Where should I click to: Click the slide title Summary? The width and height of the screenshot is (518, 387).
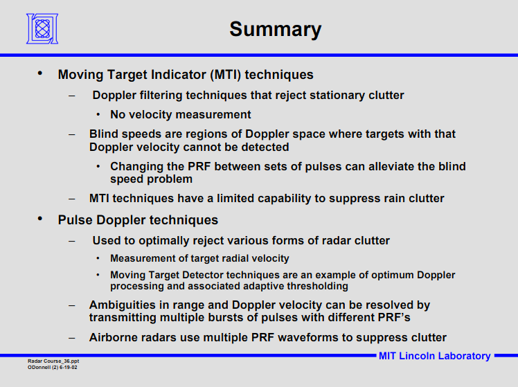(275, 29)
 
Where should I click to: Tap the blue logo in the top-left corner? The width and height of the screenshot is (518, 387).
(42, 28)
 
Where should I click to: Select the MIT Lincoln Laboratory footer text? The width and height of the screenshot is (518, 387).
(434, 356)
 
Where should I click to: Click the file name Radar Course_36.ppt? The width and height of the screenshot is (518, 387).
(53, 361)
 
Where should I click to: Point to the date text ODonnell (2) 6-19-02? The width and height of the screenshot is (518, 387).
(52, 367)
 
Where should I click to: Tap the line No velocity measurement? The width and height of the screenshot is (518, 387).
(180, 115)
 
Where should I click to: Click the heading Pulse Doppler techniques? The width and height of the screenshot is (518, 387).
(138, 220)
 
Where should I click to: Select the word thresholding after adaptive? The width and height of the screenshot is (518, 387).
(317, 286)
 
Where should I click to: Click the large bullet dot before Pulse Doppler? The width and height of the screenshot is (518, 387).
(40, 219)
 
